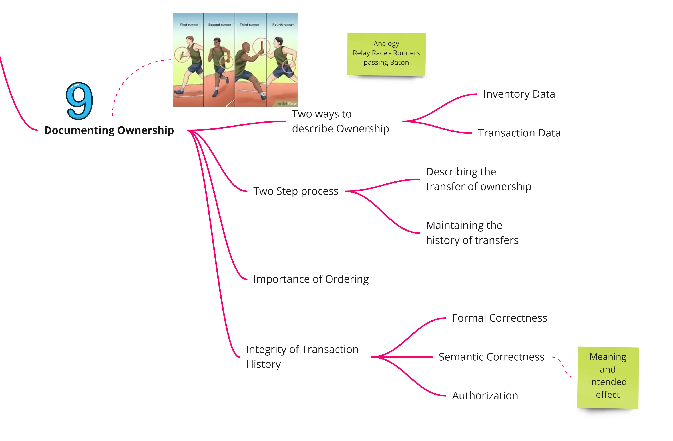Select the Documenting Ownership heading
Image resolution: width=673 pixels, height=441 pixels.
(x=109, y=130)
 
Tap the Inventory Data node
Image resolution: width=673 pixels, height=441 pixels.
(x=519, y=94)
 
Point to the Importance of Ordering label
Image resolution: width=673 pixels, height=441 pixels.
(x=311, y=279)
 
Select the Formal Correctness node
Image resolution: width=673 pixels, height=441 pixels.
(x=500, y=318)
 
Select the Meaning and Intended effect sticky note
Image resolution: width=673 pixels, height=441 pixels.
(x=608, y=377)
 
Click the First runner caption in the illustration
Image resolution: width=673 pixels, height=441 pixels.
(x=189, y=24)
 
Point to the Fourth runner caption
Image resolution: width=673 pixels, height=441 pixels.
(x=283, y=24)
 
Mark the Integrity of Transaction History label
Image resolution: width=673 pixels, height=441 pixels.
(x=302, y=357)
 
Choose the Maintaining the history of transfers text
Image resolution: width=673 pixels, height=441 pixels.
(x=472, y=233)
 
